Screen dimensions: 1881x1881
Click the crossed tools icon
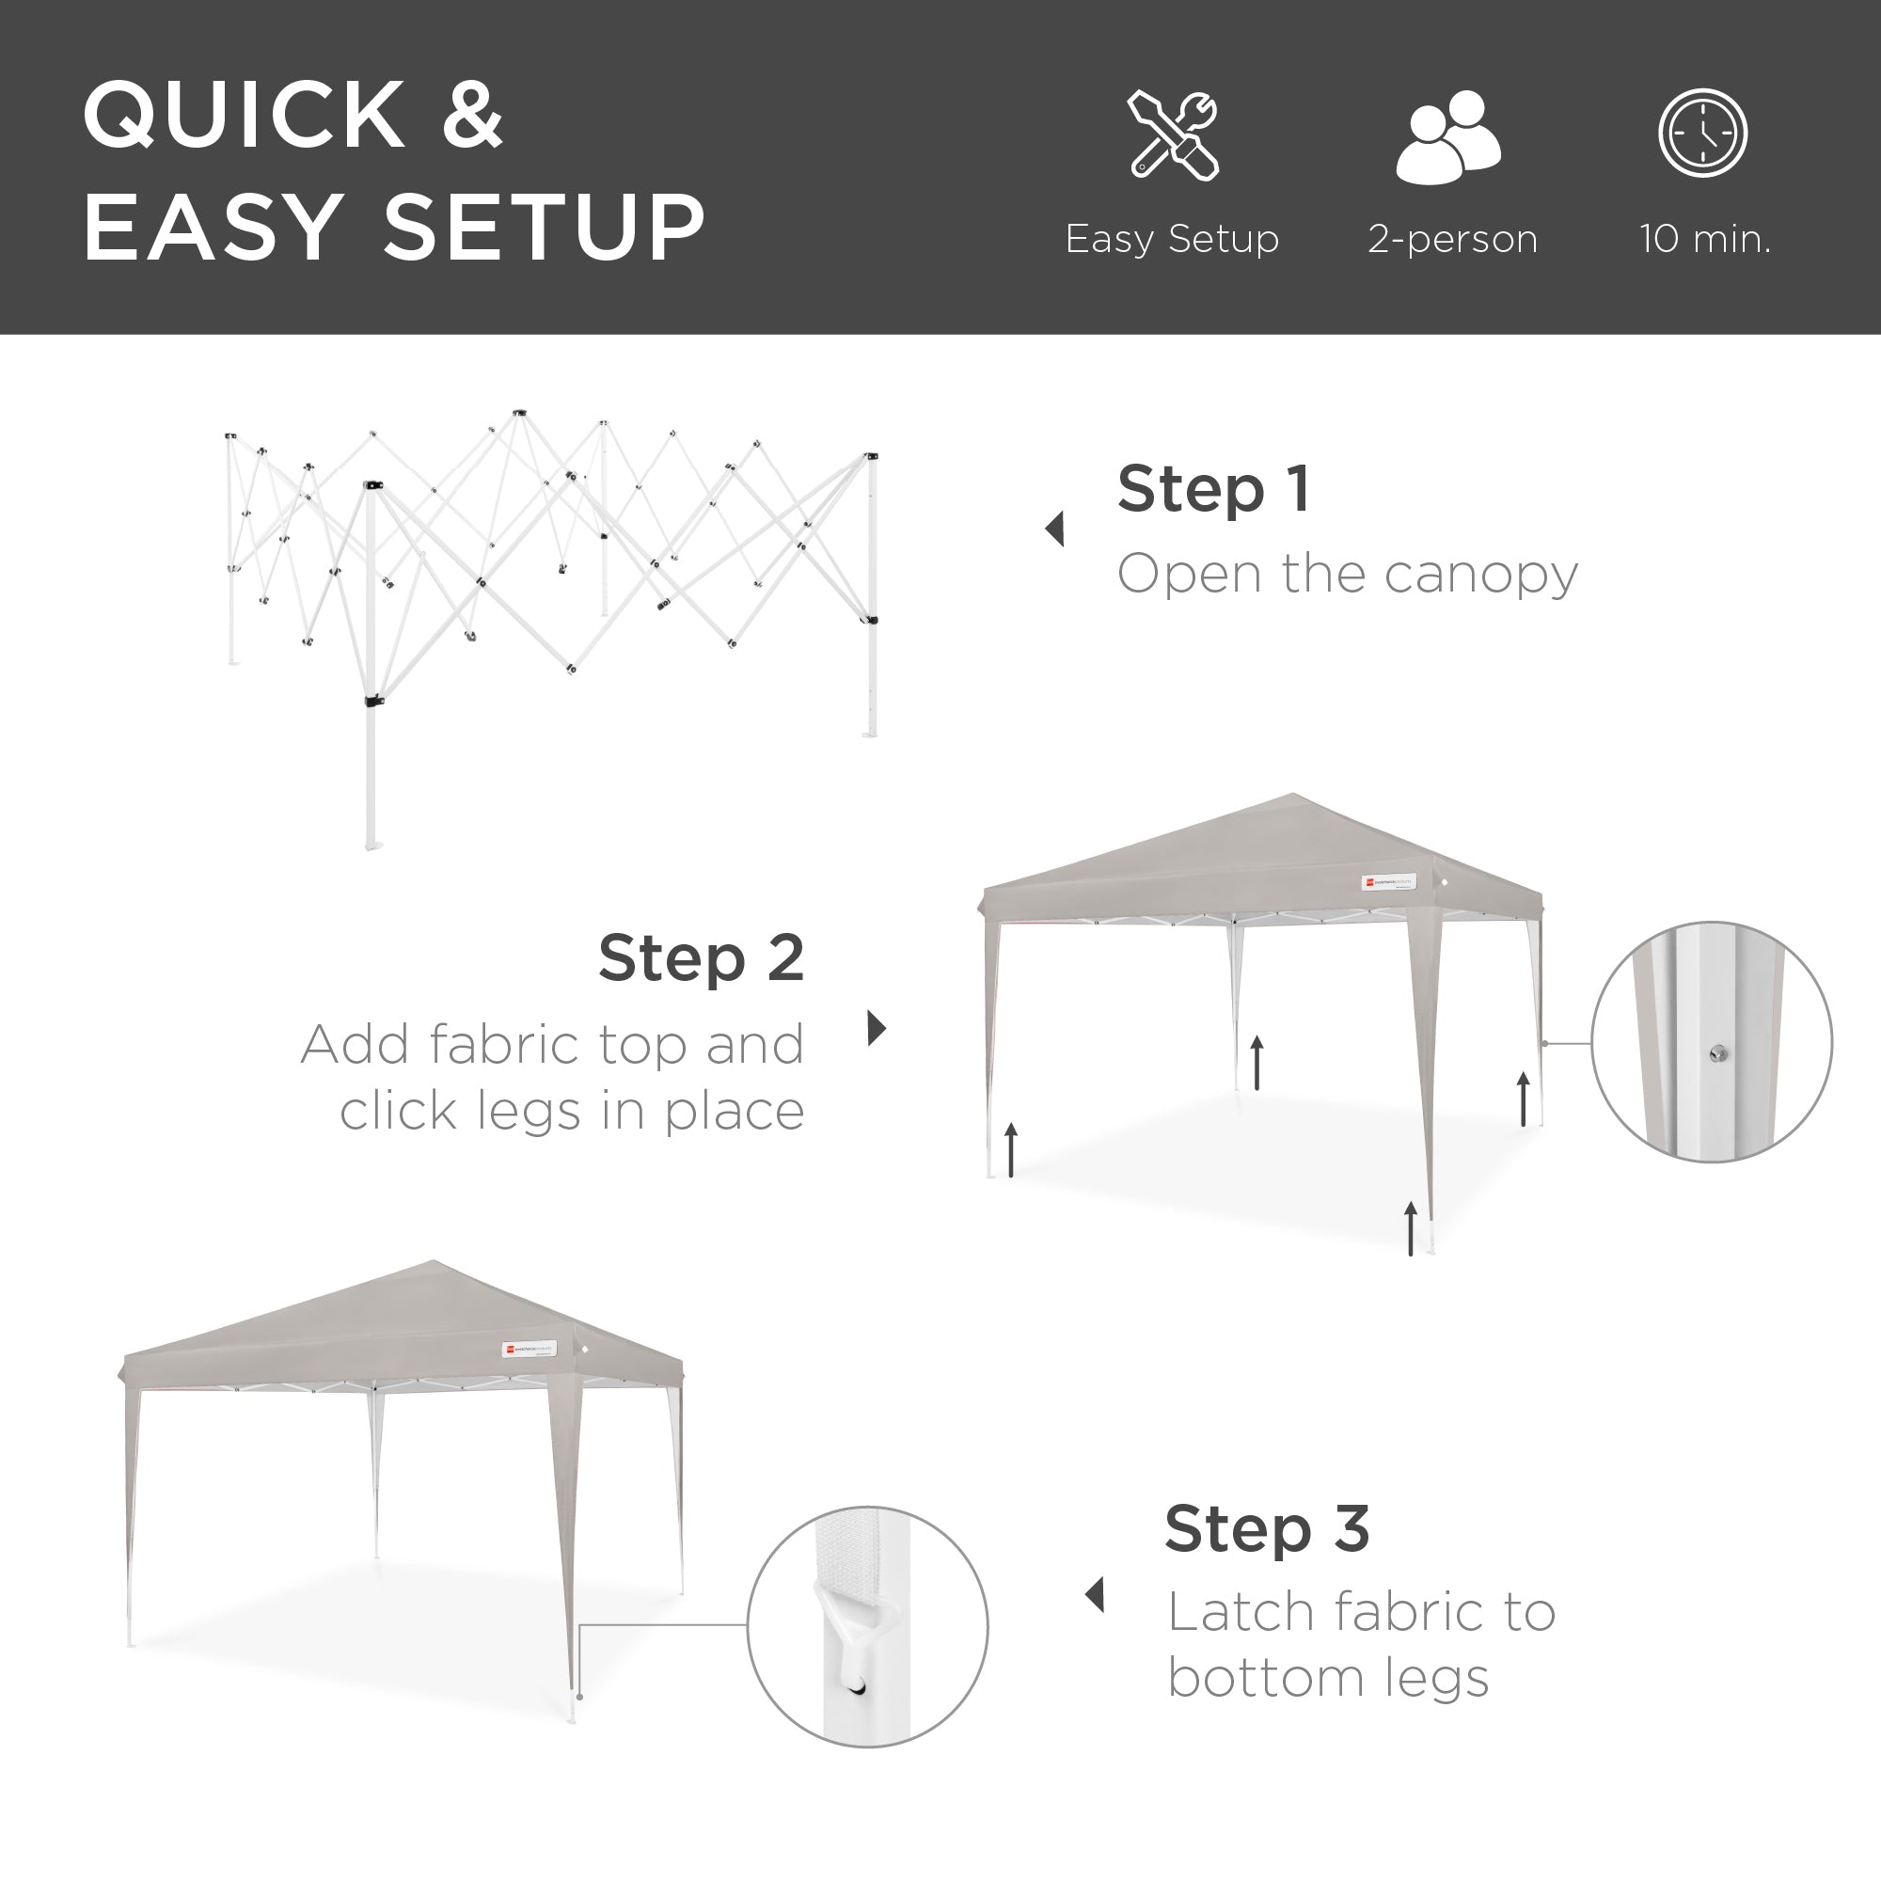point(1173,135)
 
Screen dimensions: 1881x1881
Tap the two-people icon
point(1447,136)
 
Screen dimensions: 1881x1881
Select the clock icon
point(1703,134)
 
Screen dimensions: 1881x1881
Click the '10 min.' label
point(1705,239)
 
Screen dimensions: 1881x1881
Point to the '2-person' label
point(1451,239)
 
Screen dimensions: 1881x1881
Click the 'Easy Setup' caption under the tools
point(1171,239)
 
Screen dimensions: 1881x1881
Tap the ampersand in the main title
point(472,116)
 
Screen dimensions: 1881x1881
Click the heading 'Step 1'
point(1213,489)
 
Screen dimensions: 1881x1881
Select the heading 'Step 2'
point(701,958)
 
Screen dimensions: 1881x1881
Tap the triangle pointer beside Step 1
point(1054,530)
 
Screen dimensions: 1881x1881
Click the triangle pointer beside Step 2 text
point(877,1028)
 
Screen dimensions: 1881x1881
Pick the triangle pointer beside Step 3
point(1096,1595)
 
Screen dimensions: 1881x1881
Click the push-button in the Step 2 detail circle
point(1718,1053)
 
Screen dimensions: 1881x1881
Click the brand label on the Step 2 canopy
point(1387,882)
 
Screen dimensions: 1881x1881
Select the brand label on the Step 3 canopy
point(529,1350)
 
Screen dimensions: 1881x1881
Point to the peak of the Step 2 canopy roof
point(1293,797)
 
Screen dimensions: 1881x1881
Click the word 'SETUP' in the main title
point(545,228)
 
